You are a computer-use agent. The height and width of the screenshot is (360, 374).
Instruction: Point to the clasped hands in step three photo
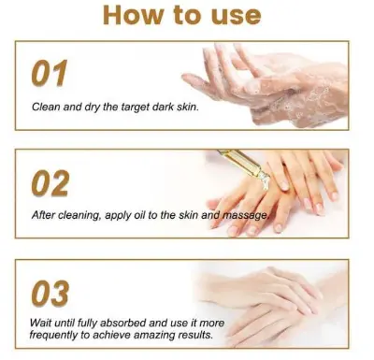pyautogui.click(x=271, y=304)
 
